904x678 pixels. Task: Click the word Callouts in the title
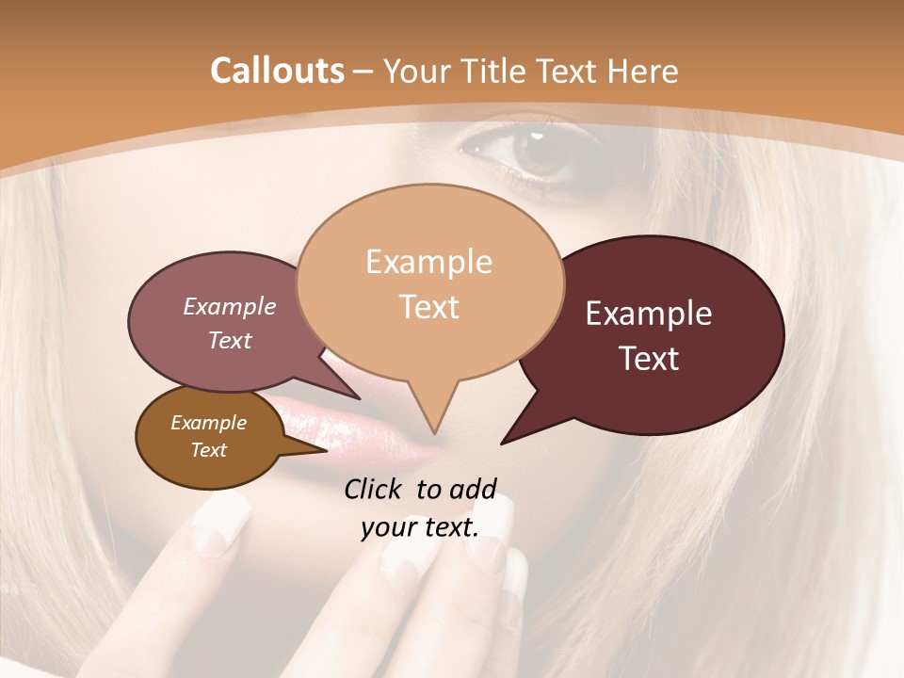(277, 71)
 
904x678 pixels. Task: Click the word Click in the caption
(374, 488)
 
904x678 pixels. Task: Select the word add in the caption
(473, 488)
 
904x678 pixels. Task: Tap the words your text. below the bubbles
(419, 527)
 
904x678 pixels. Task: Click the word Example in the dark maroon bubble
(649, 314)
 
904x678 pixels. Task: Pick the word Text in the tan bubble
(429, 306)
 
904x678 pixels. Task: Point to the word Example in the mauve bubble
(229, 307)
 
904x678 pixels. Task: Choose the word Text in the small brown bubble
(208, 450)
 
